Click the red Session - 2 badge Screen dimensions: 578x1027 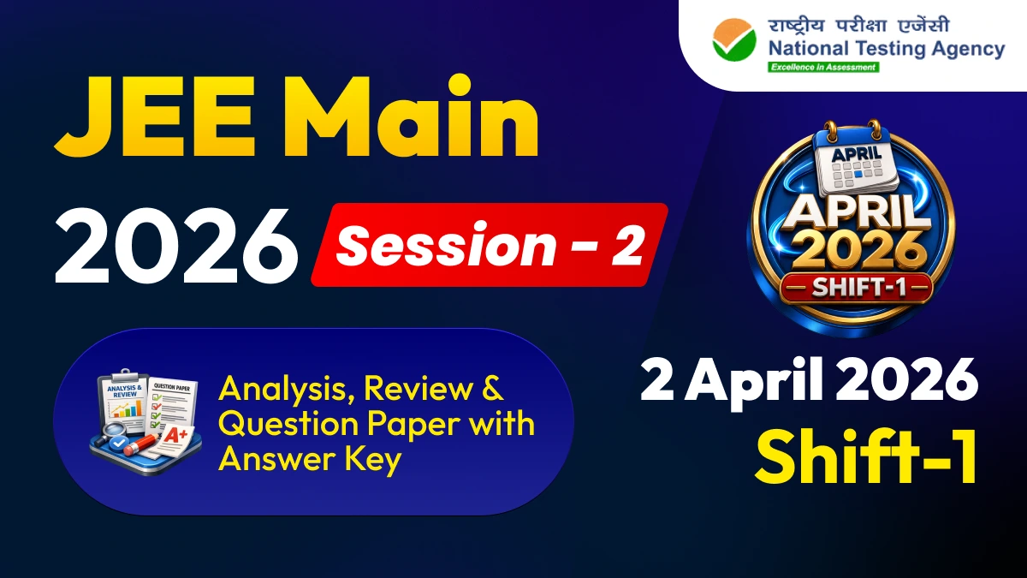(490, 245)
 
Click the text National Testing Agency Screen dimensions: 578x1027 (886, 49)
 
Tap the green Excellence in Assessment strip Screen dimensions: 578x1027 (822, 67)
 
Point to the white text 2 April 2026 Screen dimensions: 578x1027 (809, 382)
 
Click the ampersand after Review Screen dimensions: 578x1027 (490, 390)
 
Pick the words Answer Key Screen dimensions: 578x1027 (309, 460)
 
